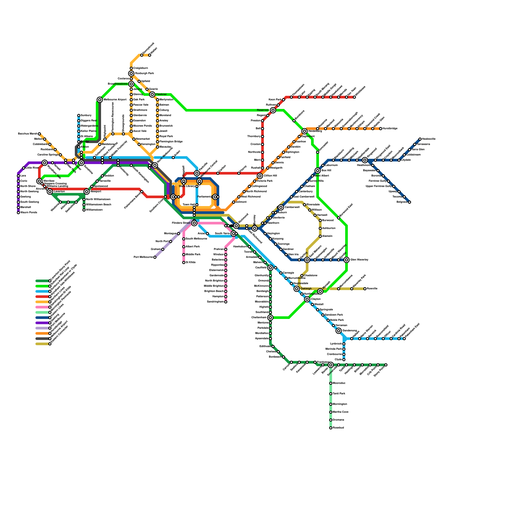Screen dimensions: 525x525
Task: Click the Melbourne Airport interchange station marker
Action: point(100,100)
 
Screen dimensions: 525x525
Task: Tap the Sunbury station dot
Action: point(79,115)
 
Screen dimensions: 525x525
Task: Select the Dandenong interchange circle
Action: point(339,331)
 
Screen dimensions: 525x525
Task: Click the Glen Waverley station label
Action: point(359,260)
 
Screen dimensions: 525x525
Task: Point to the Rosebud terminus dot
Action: point(331,428)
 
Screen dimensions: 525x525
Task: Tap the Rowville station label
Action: point(372,289)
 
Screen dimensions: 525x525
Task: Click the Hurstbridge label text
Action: point(390,129)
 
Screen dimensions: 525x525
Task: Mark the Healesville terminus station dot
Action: point(420,139)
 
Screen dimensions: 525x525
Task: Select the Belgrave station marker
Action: point(409,202)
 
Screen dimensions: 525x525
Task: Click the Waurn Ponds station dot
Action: point(18,213)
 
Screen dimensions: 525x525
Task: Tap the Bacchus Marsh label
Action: point(28,134)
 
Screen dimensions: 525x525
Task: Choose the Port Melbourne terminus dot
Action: point(155,257)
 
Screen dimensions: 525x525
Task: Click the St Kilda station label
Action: point(191,262)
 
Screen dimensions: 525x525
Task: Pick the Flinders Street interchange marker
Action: point(194,223)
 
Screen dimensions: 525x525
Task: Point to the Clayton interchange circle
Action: point(307,299)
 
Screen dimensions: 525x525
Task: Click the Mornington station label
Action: point(340,404)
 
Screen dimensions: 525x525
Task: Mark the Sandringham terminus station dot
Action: point(226,302)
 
